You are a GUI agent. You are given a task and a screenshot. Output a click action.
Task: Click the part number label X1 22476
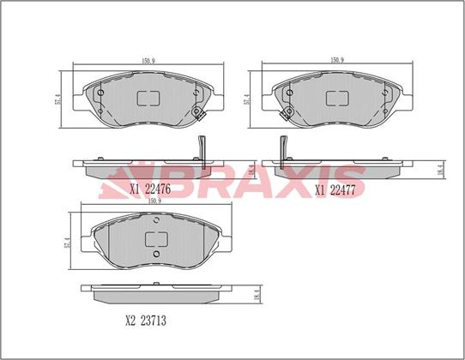click(x=150, y=189)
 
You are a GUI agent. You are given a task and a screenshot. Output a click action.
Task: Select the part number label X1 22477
click(x=335, y=190)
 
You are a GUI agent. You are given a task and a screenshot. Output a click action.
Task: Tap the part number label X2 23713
click(x=146, y=321)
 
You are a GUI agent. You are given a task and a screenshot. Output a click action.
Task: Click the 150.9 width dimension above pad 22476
click(x=148, y=61)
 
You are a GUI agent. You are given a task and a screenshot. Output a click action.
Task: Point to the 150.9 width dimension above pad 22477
click(x=337, y=60)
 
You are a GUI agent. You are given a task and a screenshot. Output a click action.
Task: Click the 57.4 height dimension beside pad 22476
click(x=58, y=99)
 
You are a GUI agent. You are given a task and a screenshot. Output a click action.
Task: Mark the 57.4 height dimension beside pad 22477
click(x=246, y=99)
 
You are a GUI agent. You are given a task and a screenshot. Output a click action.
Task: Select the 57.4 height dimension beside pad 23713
click(x=67, y=243)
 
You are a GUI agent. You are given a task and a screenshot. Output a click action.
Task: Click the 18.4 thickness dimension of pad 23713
click(x=257, y=296)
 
